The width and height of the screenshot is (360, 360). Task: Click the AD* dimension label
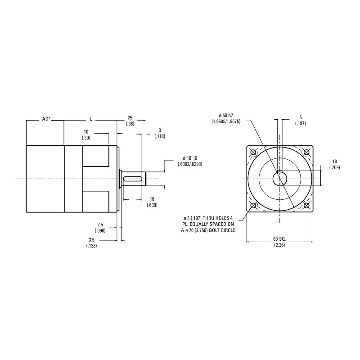click(46, 119)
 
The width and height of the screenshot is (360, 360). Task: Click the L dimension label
click(90, 119)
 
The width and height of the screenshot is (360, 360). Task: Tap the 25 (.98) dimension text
click(130, 121)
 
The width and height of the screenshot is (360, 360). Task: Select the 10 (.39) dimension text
click(86, 135)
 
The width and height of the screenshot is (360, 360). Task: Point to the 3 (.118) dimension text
click(160, 133)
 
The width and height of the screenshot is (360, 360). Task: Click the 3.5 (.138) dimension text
click(91, 243)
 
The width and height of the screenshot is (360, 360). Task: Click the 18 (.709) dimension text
click(334, 164)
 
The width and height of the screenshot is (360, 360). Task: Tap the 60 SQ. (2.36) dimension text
click(280, 242)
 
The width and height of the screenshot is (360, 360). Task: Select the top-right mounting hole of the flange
click(307, 152)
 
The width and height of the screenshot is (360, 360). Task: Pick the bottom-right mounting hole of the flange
click(307, 206)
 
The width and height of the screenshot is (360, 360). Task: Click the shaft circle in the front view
click(280, 179)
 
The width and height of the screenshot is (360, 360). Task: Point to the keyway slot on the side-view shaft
click(134, 179)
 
